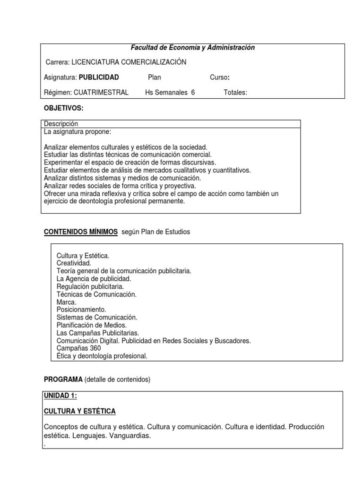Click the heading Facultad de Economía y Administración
tap(192, 48)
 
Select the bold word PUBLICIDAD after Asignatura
tap(99, 78)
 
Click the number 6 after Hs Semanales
tap(193, 93)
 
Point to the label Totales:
tap(235, 93)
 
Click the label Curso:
tap(220, 78)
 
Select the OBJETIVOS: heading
tap(63, 108)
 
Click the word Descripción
tap(60, 124)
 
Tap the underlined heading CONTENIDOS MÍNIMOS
tap(81, 232)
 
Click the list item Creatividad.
tap(74, 263)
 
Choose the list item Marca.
tap(66, 302)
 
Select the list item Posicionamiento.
tap(81, 310)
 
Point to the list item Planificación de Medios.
tap(92, 325)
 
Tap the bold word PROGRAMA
tap(63, 380)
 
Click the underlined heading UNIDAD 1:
tap(60, 396)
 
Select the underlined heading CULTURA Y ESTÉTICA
tap(79, 411)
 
